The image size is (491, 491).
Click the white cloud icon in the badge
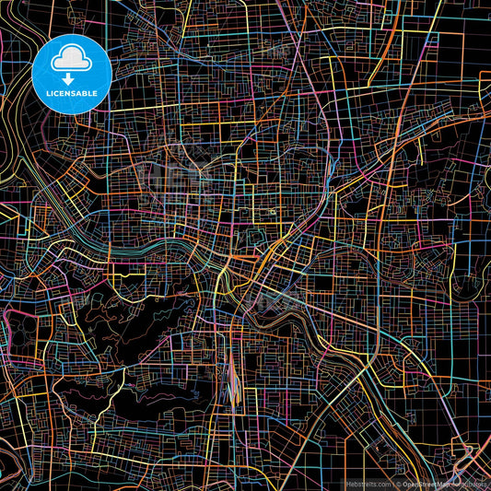[x=72, y=60]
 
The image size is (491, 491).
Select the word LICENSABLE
[x=72, y=94]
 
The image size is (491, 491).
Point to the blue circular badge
[x=72, y=74]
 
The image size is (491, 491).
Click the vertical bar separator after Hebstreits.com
[x=393, y=483]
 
